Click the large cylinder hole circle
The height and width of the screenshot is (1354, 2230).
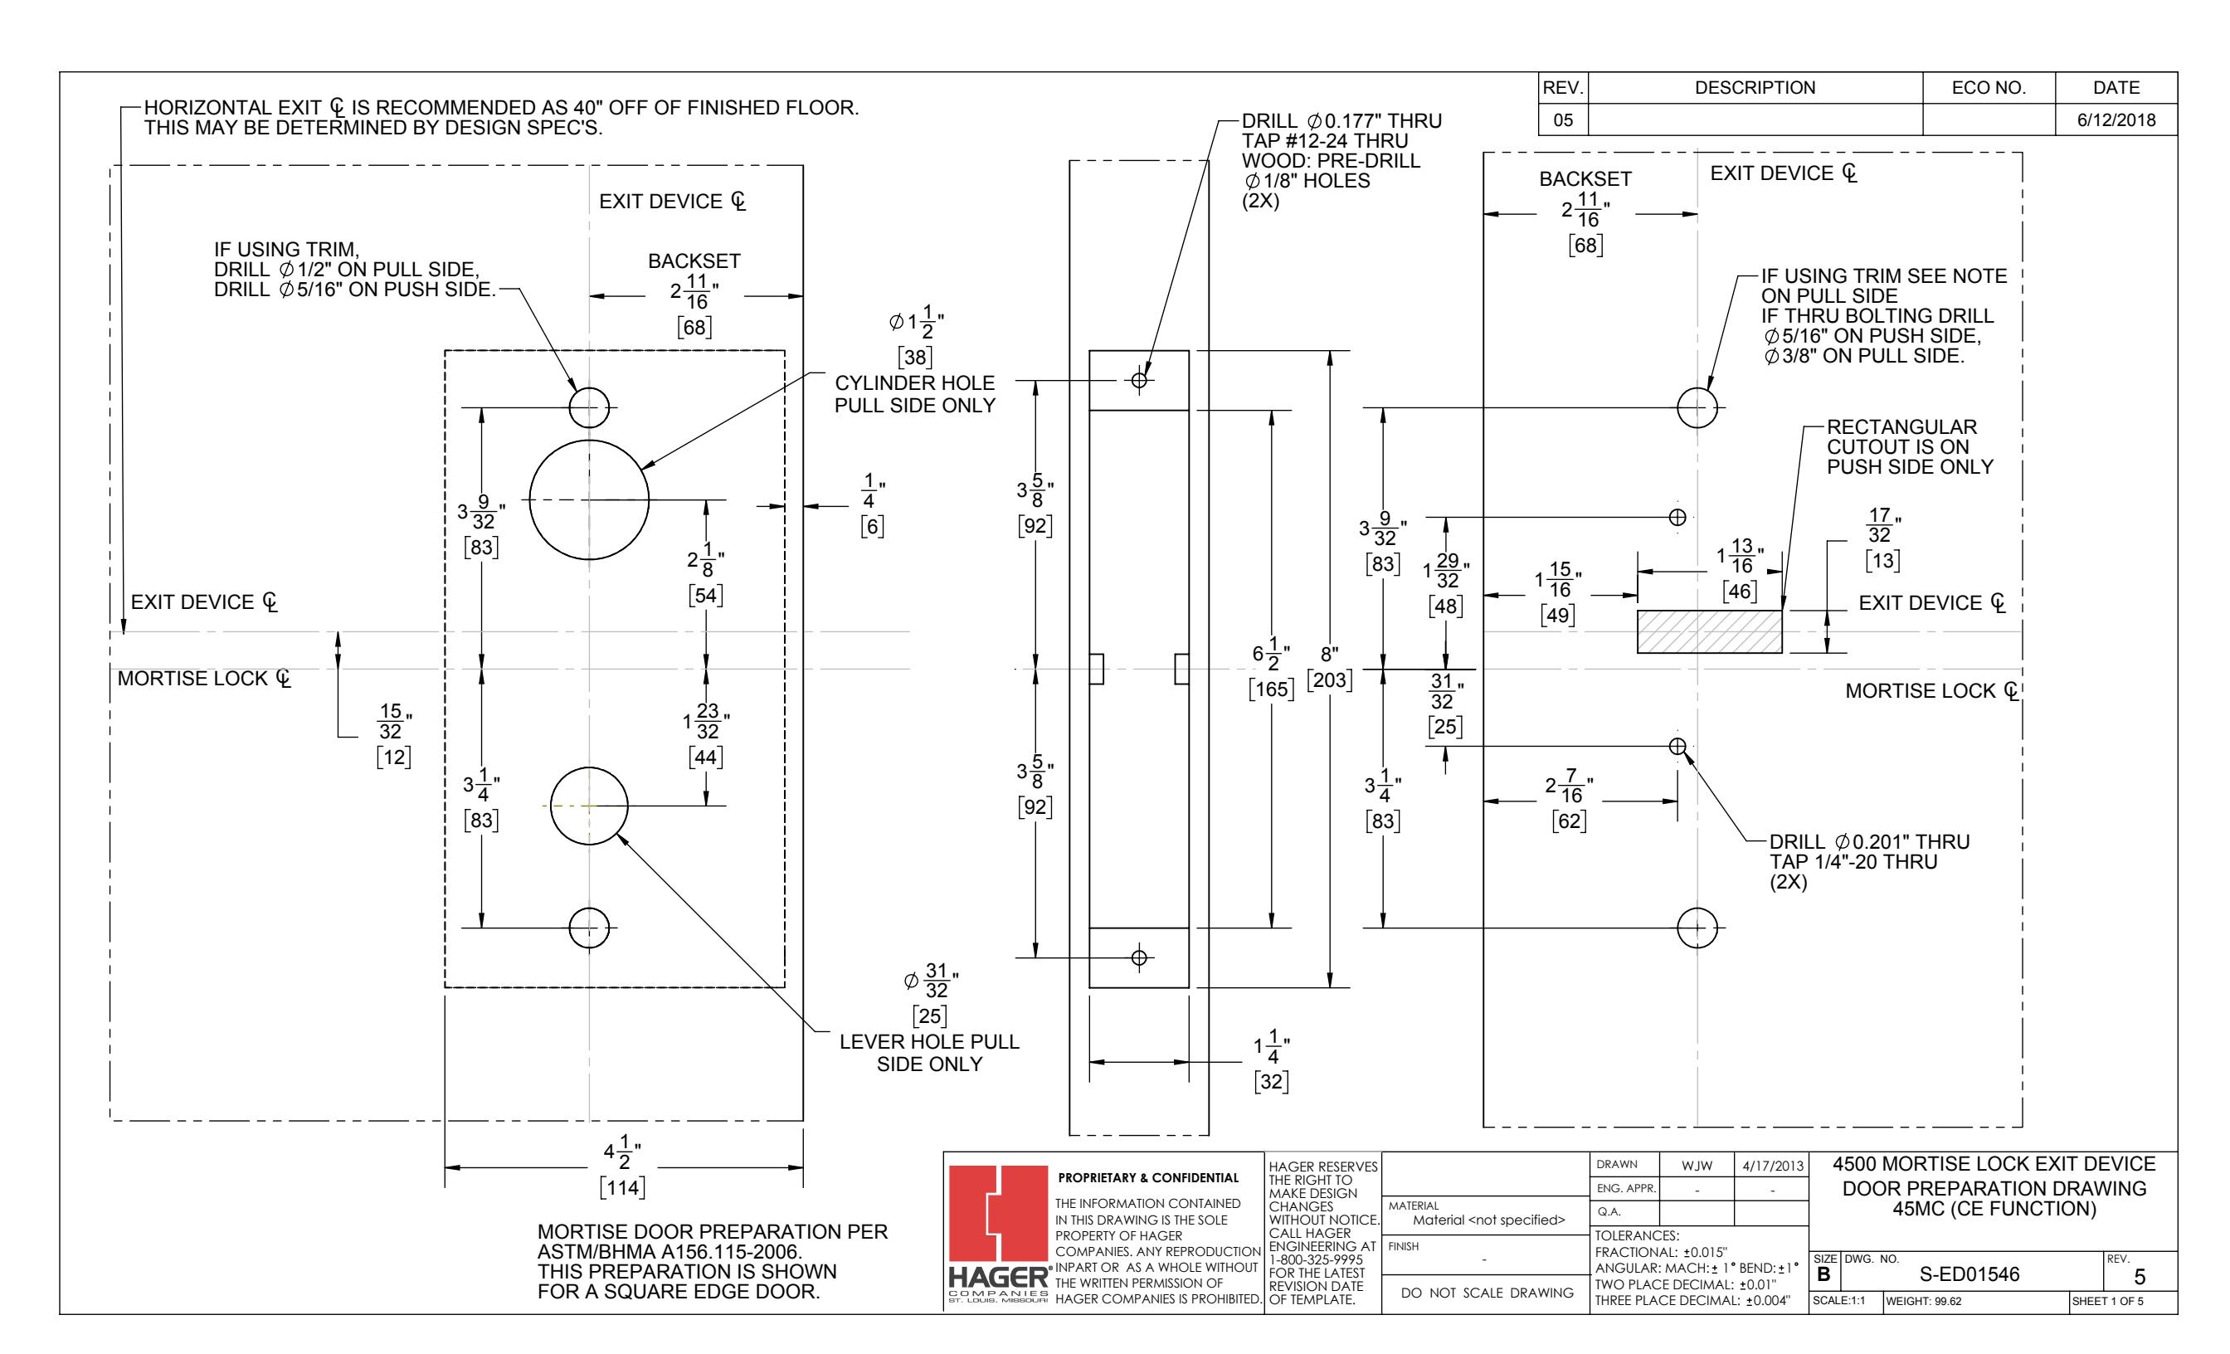[x=529, y=499]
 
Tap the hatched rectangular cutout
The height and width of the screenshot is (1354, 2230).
[x=1709, y=631]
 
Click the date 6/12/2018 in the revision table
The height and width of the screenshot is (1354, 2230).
[x=2116, y=120]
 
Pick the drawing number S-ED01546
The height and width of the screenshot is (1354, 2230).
[x=1970, y=1274]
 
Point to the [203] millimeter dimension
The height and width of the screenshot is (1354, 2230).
[x=1330, y=679]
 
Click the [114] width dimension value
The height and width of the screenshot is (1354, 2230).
[x=623, y=1186]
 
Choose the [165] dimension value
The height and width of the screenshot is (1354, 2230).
[x=1272, y=689]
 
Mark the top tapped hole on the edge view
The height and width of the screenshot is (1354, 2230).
[x=1139, y=380]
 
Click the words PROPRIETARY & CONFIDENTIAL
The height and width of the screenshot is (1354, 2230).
[x=1148, y=1177]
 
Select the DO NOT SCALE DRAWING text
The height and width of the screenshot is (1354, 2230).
[x=1487, y=1293]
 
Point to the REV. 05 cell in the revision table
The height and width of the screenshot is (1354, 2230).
[x=1563, y=120]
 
